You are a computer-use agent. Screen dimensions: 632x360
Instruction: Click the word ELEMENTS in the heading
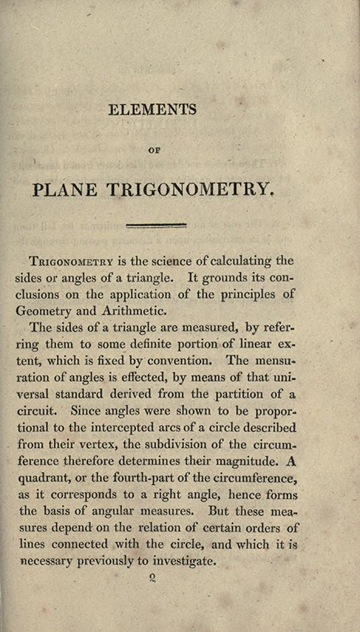click(152, 110)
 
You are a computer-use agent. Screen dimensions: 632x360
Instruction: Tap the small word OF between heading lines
click(152, 152)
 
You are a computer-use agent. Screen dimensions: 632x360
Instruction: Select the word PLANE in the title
click(66, 190)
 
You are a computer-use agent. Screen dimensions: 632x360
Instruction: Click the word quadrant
click(46, 478)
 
